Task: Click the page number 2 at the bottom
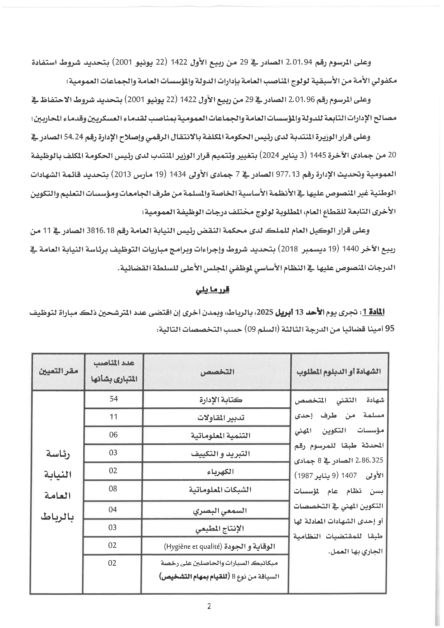[209, 606]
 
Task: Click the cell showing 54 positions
[114, 399]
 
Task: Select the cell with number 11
[114, 417]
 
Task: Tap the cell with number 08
[113, 488]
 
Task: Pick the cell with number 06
[113, 435]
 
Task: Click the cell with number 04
[113, 509]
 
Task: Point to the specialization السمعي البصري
[220, 510]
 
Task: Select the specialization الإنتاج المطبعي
[220, 528]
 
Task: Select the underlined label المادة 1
[376, 312]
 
